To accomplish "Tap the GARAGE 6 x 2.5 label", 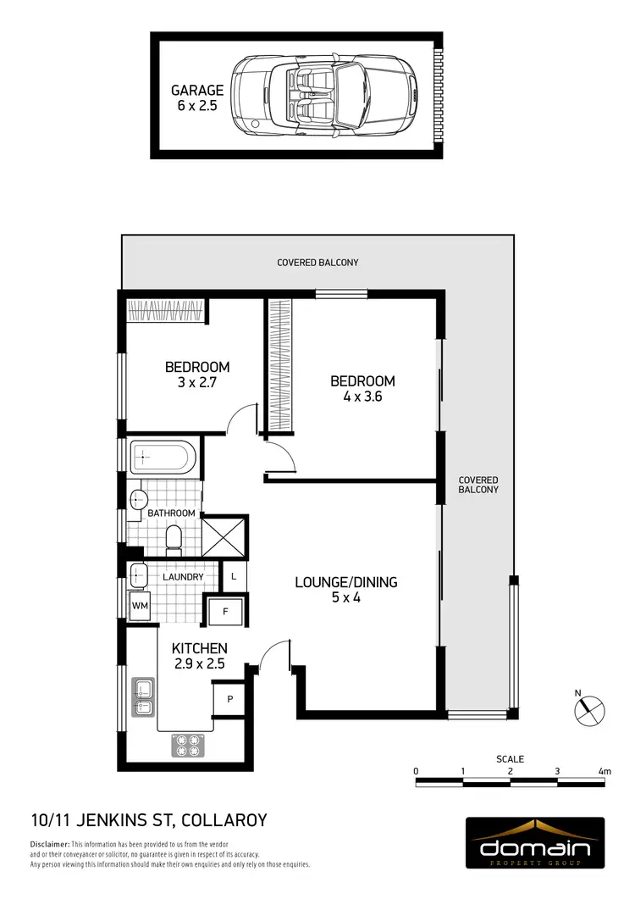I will coord(197,97).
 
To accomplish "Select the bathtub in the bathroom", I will coord(163,458).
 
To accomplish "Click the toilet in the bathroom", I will coord(174,537).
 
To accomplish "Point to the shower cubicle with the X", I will coord(224,536).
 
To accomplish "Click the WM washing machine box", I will coord(140,606).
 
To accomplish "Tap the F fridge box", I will coord(226,611).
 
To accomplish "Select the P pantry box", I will coord(229,700).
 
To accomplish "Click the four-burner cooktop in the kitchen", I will coord(189,745).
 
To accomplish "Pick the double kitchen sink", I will coord(142,696).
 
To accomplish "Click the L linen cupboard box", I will coord(233,577).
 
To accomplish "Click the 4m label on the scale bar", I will coord(604,771).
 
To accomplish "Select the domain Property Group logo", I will coord(535,843).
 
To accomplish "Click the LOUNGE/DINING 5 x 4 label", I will coord(345,590).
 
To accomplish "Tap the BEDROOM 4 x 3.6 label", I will coord(362,388).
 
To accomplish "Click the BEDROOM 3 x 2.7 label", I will coord(197,374).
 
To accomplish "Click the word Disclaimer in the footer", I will coord(49,845).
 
